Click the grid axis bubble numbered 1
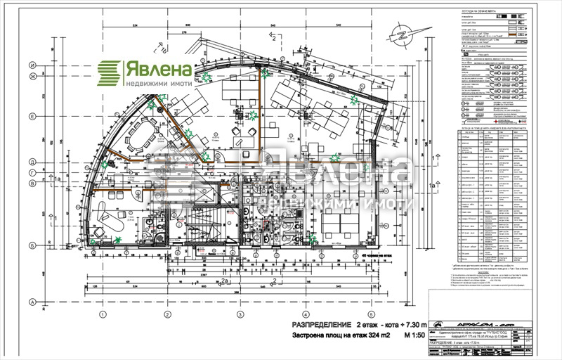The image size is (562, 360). (x=102, y=314)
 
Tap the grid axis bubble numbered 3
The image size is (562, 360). (x=240, y=314)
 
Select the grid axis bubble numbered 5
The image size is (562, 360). (x=370, y=314)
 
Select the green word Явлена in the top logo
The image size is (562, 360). (x=158, y=69)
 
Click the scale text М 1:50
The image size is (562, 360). (x=417, y=336)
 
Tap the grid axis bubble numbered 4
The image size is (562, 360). (x=306, y=314)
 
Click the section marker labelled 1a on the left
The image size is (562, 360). (x=58, y=181)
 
